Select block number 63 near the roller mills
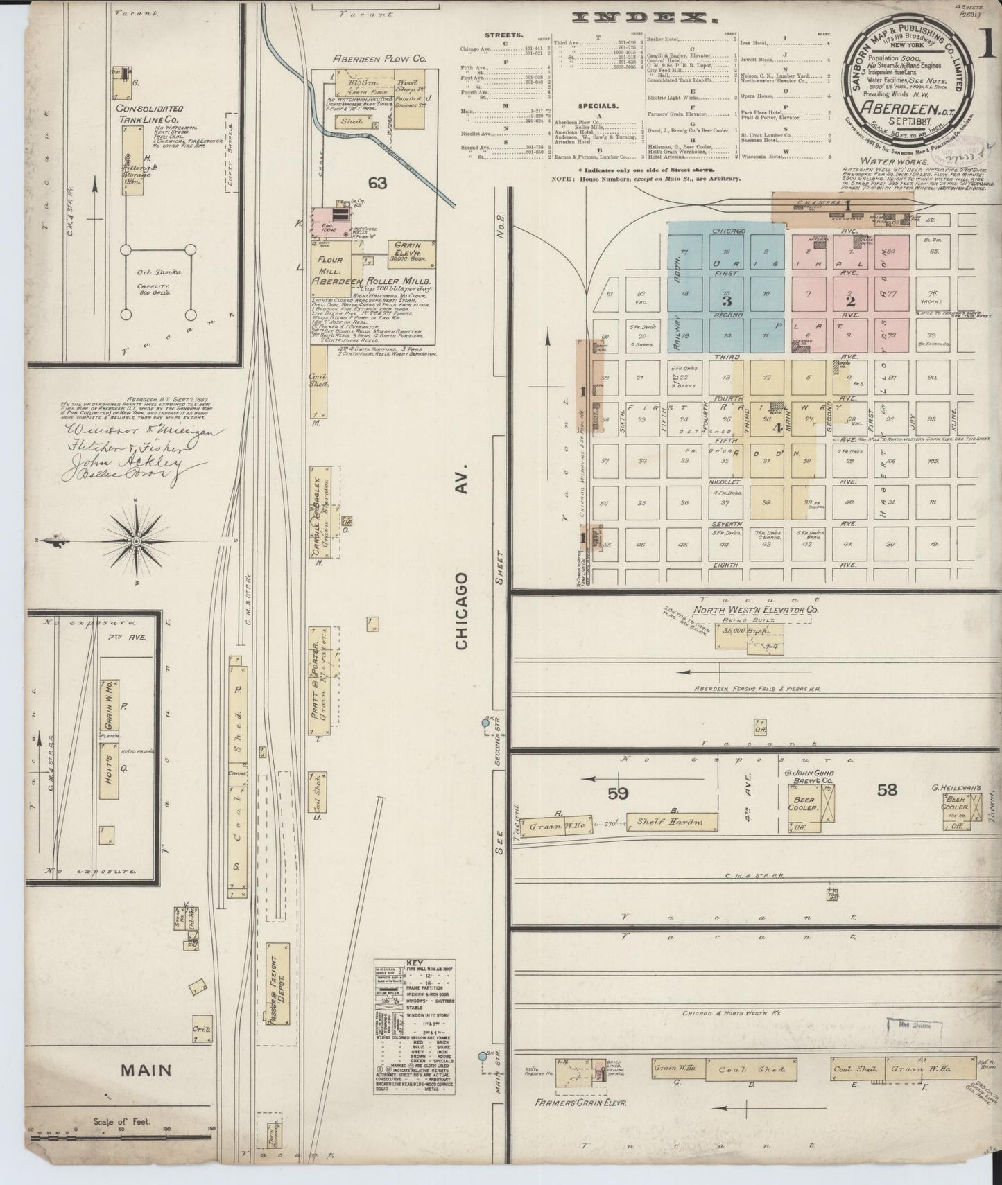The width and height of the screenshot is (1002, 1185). click(377, 183)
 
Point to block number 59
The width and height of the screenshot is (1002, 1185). click(617, 792)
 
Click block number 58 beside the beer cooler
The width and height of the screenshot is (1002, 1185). click(888, 789)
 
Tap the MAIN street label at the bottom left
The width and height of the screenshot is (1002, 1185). click(146, 1090)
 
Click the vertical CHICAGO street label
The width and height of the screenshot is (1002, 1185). click(463, 611)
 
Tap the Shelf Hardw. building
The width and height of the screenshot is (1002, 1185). click(671, 822)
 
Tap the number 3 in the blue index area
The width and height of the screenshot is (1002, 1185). click(726, 301)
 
